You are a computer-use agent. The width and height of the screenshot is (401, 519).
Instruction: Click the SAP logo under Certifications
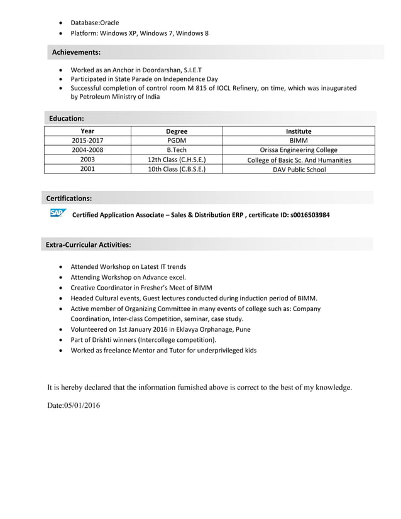tap(57, 214)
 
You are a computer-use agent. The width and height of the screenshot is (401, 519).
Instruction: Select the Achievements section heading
tap(76, 52)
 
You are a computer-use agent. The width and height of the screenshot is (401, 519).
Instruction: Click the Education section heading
tap(67, 118)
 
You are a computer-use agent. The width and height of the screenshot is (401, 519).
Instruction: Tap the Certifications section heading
tap(69, 199)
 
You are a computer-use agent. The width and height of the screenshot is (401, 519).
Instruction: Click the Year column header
tap(88, 131)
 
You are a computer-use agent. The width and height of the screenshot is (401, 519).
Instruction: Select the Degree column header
tap(177, 131)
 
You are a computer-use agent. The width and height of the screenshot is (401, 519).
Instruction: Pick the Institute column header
tap(299, 131)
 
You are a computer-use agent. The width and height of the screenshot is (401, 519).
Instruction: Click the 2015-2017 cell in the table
tap(88, 141)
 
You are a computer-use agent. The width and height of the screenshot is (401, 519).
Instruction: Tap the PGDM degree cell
tap(177, 141)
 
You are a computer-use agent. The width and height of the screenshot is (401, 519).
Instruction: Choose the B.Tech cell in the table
tap(177, 150)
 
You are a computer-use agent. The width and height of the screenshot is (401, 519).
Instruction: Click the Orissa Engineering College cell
tap(299, 150)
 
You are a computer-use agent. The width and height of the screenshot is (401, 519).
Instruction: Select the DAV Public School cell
tap(299, 169)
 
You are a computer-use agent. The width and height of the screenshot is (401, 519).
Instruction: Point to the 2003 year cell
tap(88, 160)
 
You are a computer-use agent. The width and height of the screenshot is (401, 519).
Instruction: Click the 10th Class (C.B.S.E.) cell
tap(177, 169)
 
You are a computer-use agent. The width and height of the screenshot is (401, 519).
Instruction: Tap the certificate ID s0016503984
tap(310, 215)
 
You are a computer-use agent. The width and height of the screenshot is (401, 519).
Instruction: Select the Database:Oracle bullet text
tap(94, 23)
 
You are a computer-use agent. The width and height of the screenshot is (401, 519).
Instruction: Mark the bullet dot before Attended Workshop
tap(60, 267)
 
